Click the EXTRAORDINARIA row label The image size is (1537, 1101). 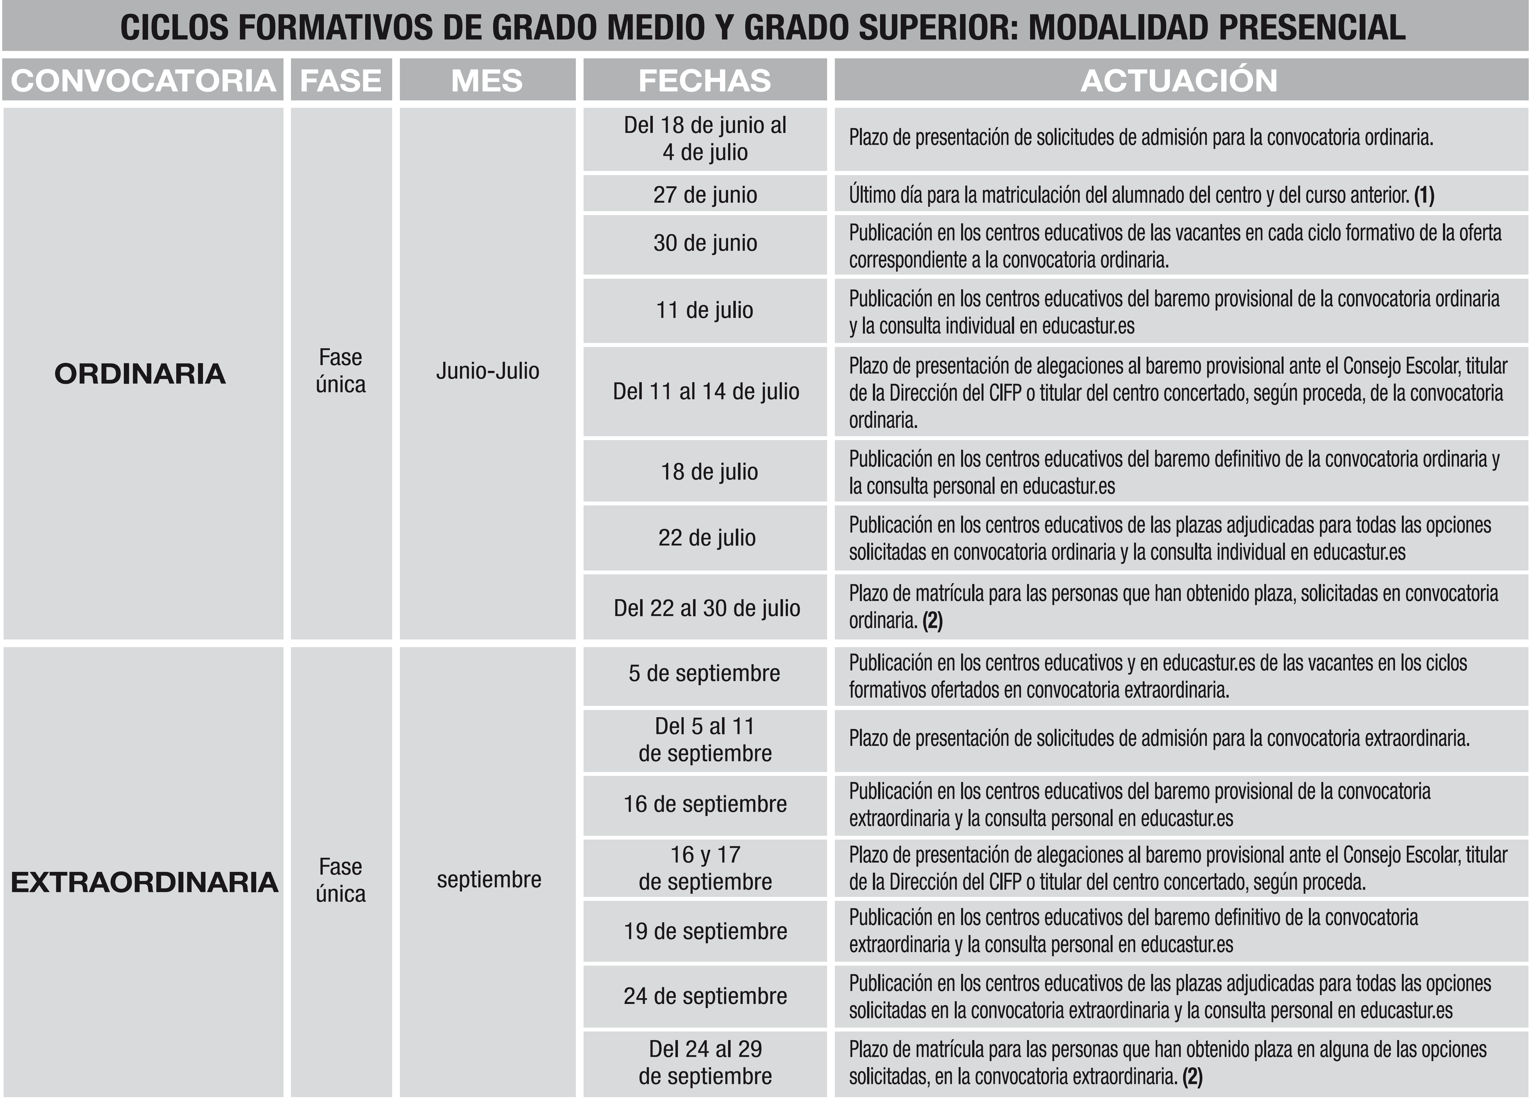click(x=144, y=882)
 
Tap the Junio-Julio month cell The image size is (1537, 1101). click(x=487, y=371)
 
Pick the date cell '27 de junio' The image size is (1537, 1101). click(x=705, y=194)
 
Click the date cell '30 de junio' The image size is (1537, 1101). click(x=705, y=243)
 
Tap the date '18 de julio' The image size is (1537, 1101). click(x=709, y=472)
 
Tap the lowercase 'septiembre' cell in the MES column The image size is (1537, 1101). click(x=489, y=879)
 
